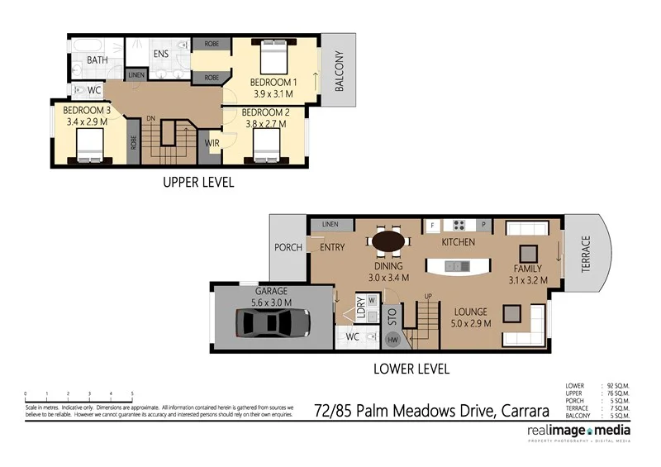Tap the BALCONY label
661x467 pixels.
(x=339, y=70)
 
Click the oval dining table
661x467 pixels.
(x=388, y=241)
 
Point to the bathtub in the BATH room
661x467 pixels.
(x=88, y=42)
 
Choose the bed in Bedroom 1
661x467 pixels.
(x=273, y=57)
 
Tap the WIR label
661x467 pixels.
(x=212, y=143)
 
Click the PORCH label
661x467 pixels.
(x=288, y=247)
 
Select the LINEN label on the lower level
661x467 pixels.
(x=330, y=224)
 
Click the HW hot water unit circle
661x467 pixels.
(x=392, y=339)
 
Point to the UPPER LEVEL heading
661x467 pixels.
(x=197, y=183)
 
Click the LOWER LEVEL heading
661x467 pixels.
(x=411, y=369)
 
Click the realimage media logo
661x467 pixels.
(x=579, y=432)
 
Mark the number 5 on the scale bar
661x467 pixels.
(x=132, y=394)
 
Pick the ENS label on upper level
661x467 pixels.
(x=160, y=55)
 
